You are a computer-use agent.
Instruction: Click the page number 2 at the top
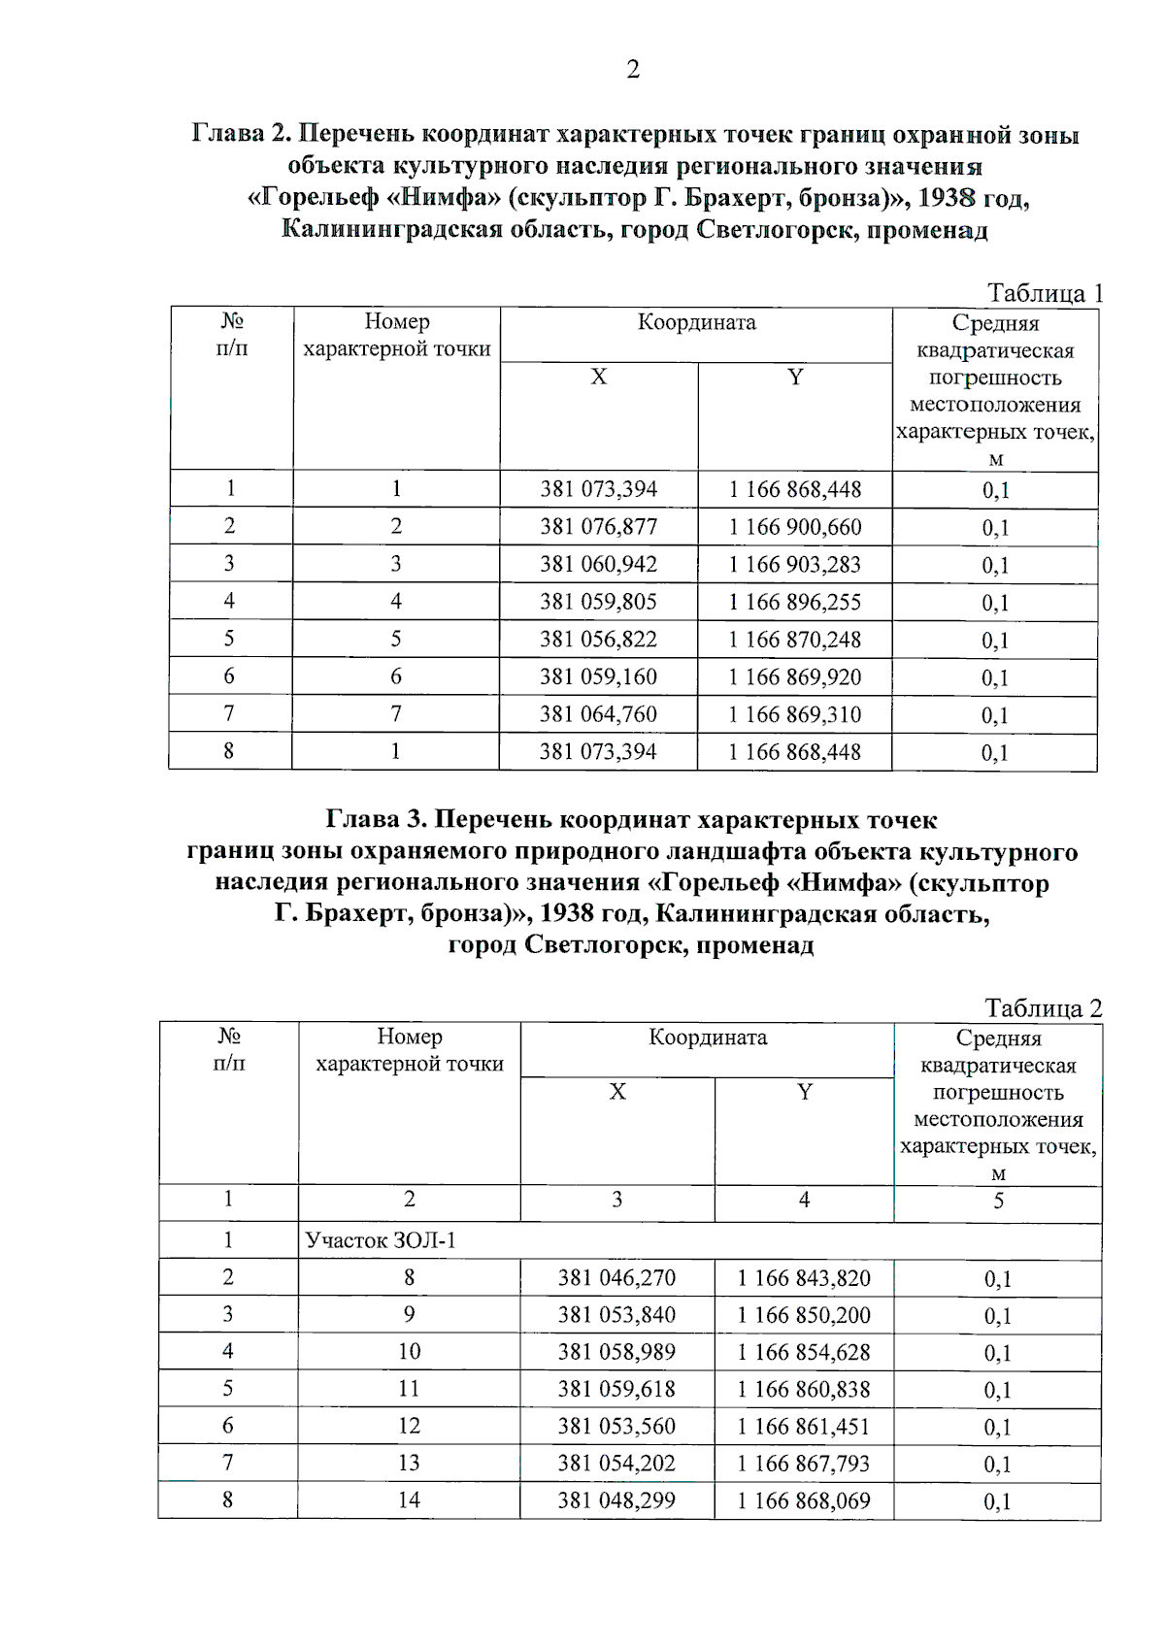(x=633, y=70)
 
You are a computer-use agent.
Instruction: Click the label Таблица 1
(x=1044, y=292)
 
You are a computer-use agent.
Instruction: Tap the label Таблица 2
(x=1043, y=1007)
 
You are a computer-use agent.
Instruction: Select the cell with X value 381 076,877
(x=598, y=527)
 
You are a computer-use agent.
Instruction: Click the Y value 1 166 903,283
(x=794, y=565)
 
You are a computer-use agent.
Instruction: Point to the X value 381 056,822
(x=598, y=640)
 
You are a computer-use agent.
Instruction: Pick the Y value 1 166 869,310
(x=794, y=714)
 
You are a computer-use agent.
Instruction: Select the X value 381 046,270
(x=616, y=1278)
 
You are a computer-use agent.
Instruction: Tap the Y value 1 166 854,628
(x=804, y=1352)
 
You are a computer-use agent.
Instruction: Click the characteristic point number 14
(x=409, y=1500)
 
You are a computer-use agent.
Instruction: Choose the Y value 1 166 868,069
(x=804, y=1500)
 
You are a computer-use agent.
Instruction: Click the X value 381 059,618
(x=616, y=1389)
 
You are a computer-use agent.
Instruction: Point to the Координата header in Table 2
(x=708, y=1038)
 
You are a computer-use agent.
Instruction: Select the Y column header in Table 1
(x=795, y=377)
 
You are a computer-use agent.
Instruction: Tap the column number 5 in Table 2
(x=998, y=1202)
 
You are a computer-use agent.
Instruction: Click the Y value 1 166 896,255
(x=794, y=602)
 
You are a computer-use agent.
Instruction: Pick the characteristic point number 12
(x=409, y=1426)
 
